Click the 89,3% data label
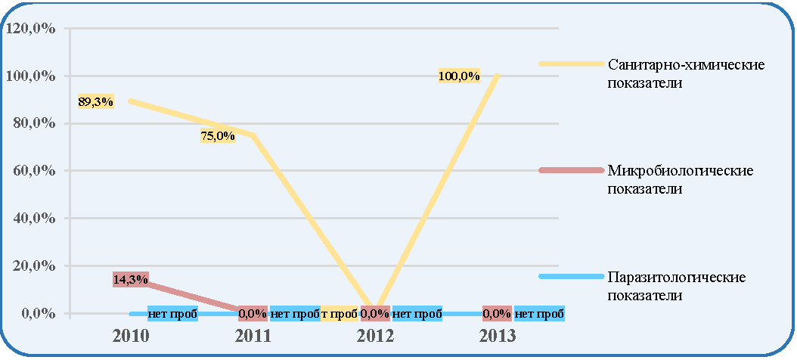(95, 101)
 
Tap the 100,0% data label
(460, 76)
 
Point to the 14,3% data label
(131, 279)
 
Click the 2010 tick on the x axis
(131, 336)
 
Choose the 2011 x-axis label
(253, 336)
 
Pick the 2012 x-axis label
(375, 336)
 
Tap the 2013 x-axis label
(497, 336)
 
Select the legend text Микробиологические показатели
(681, 179)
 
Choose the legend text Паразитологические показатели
(677, 286)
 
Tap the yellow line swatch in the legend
(570, 64)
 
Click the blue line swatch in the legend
(570, 276)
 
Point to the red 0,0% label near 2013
(497, 314)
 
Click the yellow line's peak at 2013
(497, 76)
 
